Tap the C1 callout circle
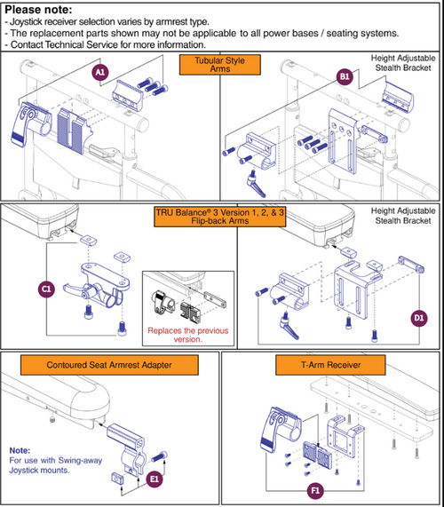click(x=47, y=288)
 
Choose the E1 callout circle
click(x=154, y=479)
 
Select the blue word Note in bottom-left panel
click(x=19, y=450)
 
